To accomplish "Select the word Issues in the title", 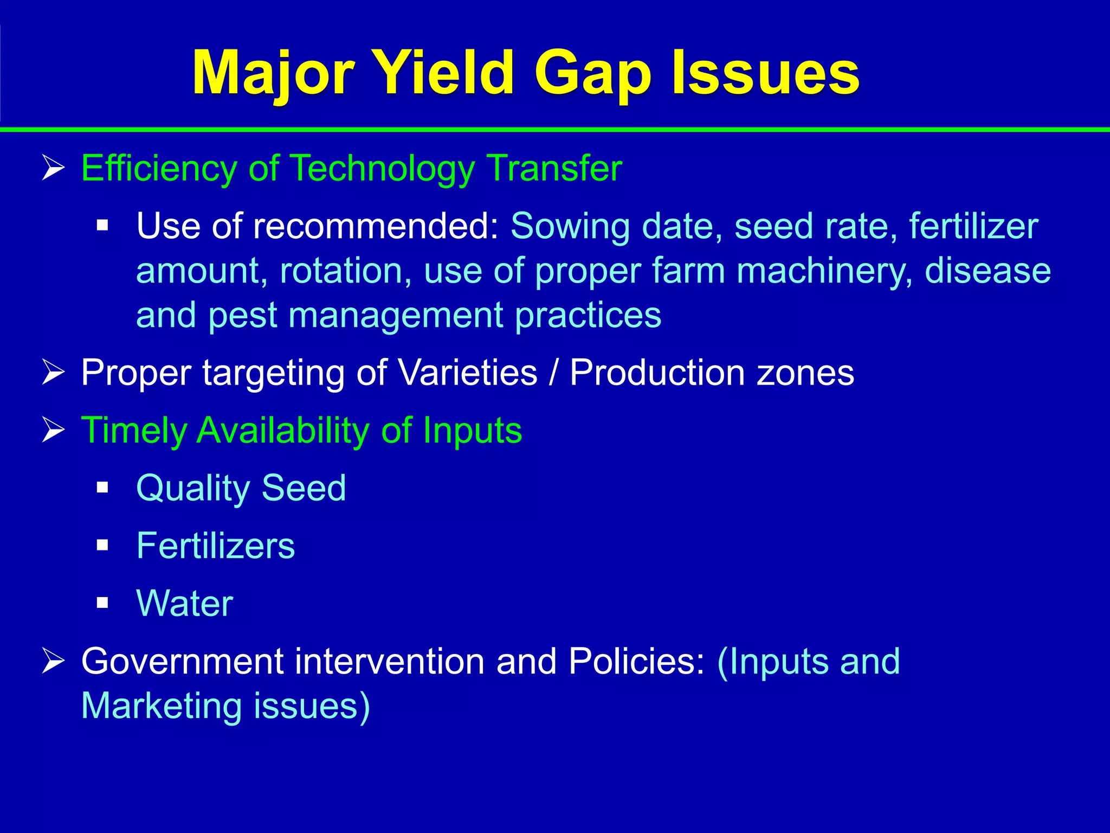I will coord(765,73).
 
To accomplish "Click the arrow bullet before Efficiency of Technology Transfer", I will coord(54,168).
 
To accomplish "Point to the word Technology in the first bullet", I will coord(382,168).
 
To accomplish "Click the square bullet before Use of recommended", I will coord(102,225).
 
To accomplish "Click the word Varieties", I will coord(467,373).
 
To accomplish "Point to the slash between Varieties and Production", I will coord(553,373).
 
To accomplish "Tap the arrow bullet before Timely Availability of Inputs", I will coord(54,431).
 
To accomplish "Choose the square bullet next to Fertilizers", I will coord(102,545).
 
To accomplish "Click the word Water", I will coord(185,603).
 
